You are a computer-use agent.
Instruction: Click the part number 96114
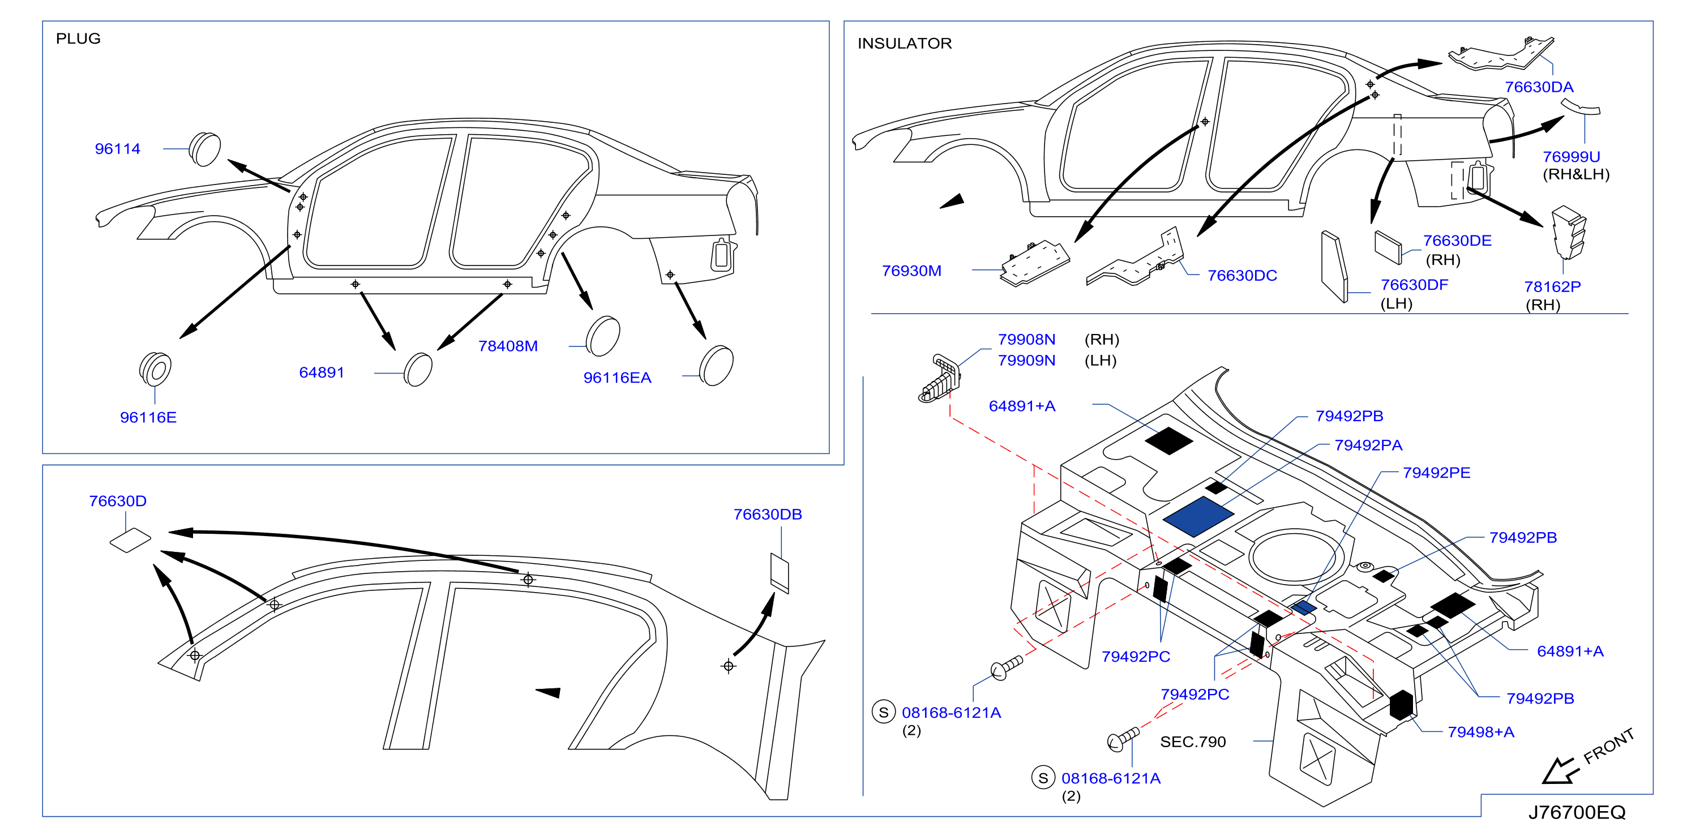[117, 149]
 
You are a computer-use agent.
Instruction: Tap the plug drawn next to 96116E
[156, 368]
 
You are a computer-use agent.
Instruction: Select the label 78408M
[508, 346]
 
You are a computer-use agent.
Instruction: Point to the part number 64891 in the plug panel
[322, 372]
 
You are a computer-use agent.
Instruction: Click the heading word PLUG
[78, 38]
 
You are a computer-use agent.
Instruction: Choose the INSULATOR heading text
[904, 44]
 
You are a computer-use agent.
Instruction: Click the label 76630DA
[1539, 87]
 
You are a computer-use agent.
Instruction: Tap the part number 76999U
[1571, 157]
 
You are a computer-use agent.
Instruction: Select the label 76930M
[911, 271]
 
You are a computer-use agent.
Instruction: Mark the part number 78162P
[1552, 286]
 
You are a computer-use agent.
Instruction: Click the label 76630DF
[1414, 284]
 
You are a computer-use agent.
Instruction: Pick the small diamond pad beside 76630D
[130, 539]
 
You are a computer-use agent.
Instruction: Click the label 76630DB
[767, 514]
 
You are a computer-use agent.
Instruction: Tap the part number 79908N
[1026, 339]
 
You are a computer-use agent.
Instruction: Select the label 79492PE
[1437, 473]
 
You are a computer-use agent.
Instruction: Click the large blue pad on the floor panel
[1198, 517]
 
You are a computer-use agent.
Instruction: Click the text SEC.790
[1193, 742]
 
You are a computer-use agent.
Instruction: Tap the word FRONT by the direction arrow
[1609, 746]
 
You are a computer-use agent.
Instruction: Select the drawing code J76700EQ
[1576, 812]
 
